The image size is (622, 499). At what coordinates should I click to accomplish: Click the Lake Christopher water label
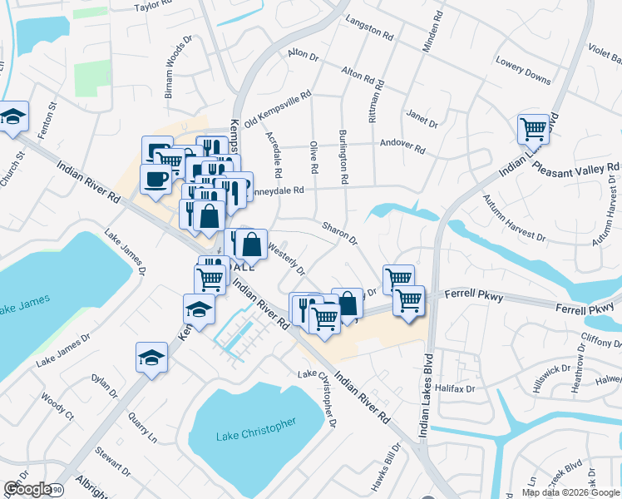click(255, 430)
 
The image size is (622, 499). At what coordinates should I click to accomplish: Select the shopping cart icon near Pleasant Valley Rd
click(533, 130)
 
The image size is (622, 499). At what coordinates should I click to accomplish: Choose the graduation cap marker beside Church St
click(13, 118)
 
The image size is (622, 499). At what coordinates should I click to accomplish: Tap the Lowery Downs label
click(523, 71)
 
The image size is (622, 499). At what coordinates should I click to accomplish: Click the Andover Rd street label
click(402, 146)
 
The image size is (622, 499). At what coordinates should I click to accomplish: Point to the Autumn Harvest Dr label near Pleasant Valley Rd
click(515, 218)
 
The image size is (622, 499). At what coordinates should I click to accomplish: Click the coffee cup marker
click(155, 178)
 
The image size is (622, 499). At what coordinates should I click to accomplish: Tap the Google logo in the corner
click(27, 489)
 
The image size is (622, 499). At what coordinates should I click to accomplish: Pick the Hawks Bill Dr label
click(388, 470)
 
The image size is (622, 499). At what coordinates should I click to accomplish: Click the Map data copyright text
click(570, 492)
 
